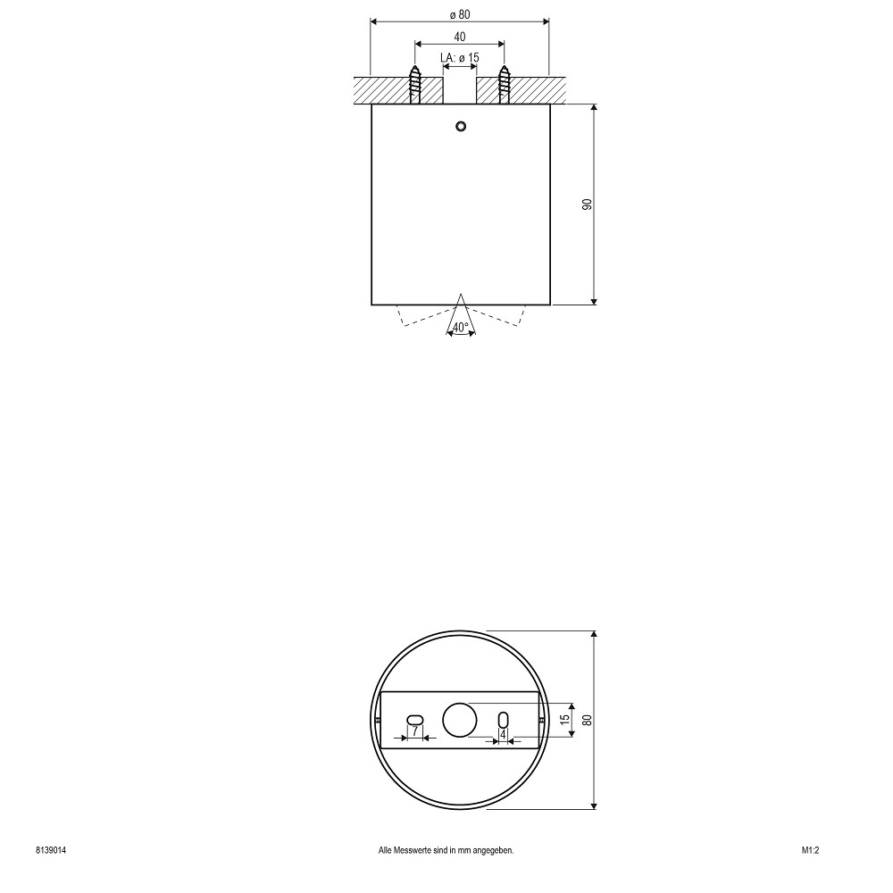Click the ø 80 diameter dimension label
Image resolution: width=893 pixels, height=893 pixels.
[x=460, y=15]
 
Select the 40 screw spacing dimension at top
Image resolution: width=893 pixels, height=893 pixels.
[x=460, y=37]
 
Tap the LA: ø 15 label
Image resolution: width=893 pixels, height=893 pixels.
[x=460, y=57]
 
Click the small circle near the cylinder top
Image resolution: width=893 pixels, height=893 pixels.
[x=461, y=126]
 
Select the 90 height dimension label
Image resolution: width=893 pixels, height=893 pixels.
[x=588, y=204]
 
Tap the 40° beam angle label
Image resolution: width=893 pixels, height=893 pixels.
[x=460, y=328]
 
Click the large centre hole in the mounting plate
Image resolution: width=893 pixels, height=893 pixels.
[x=460, y=719]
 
